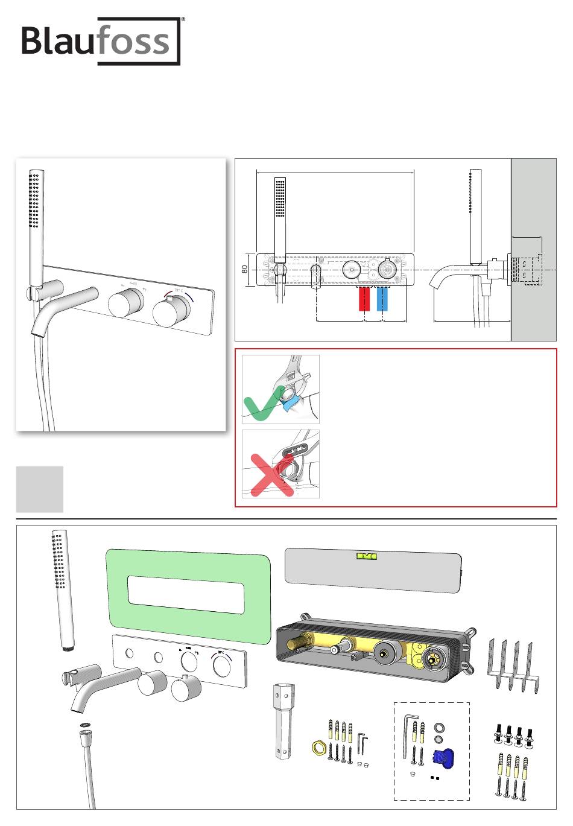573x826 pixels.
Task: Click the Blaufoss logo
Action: pos(101,41)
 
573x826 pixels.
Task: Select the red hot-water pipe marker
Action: pos(364,299)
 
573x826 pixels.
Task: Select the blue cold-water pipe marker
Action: pos(382,299)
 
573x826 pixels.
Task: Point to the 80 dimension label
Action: pos(245,269)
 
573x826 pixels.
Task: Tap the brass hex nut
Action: pos(319,748)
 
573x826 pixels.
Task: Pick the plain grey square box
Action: pos(39,489)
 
